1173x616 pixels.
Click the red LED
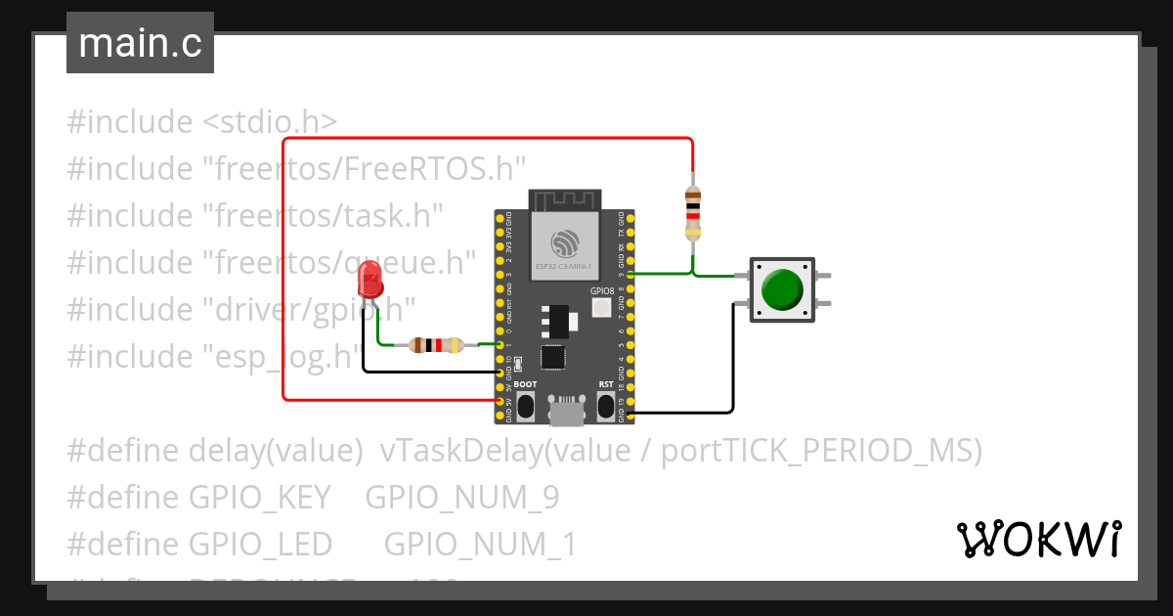370,280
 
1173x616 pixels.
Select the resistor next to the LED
436,344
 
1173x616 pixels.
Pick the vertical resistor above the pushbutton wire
692,213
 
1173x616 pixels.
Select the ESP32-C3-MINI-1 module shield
564,246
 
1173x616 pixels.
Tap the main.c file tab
140,44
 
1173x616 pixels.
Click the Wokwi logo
1037,540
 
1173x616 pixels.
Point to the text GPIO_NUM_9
461,498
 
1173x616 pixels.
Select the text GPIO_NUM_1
480,544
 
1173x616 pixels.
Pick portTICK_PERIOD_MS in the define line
821,451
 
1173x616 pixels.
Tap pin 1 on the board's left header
500,345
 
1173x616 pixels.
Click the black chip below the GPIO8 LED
553,357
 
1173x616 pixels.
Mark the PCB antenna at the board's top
564,199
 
